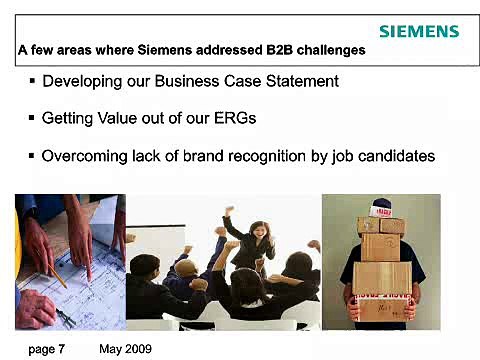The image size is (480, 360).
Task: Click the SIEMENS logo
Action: [x=419, y=31]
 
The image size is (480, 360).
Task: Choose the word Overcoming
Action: [x=86, y=156]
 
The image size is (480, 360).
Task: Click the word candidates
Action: [x=397, y=156]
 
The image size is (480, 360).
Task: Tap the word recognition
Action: [x=290, y=156]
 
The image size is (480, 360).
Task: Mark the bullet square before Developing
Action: [x=32, y=80]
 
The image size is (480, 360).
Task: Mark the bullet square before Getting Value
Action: [x=32, y=118]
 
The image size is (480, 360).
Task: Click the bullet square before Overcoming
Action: [x=32, y=156]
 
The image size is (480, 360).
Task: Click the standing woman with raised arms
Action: [x=252, y=240]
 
